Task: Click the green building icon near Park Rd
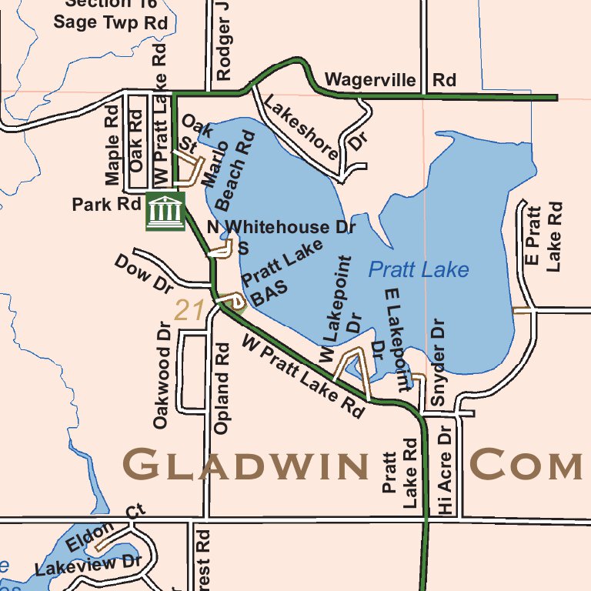[x=165, y=211]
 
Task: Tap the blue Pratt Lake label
[x=418, y=269]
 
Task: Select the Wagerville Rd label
[x=390, y=80]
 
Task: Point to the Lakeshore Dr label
[x=311, y=127]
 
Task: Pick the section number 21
[x=189, y=310]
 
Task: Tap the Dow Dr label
[x=144, y=273]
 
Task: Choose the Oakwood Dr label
[x=161, y=375]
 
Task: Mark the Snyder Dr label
[x=438, y=362]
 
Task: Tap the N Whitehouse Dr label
[x=280, y=227]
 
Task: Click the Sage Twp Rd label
[x=110, y=22]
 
